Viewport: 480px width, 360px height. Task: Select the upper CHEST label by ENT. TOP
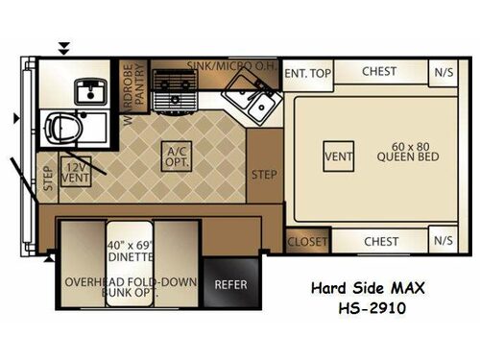[380, 72]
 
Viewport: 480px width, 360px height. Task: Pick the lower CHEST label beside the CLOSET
[380, 242]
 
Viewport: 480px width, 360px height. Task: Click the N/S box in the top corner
[444, 72]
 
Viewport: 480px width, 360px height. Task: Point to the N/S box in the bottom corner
[444, 242]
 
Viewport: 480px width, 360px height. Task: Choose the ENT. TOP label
[307, 72]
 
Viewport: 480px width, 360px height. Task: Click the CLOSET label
[307, 242]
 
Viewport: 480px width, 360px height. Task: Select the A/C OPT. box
[176, 154]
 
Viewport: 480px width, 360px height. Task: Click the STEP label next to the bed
[264, 175]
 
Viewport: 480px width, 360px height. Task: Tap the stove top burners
[176, 87]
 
